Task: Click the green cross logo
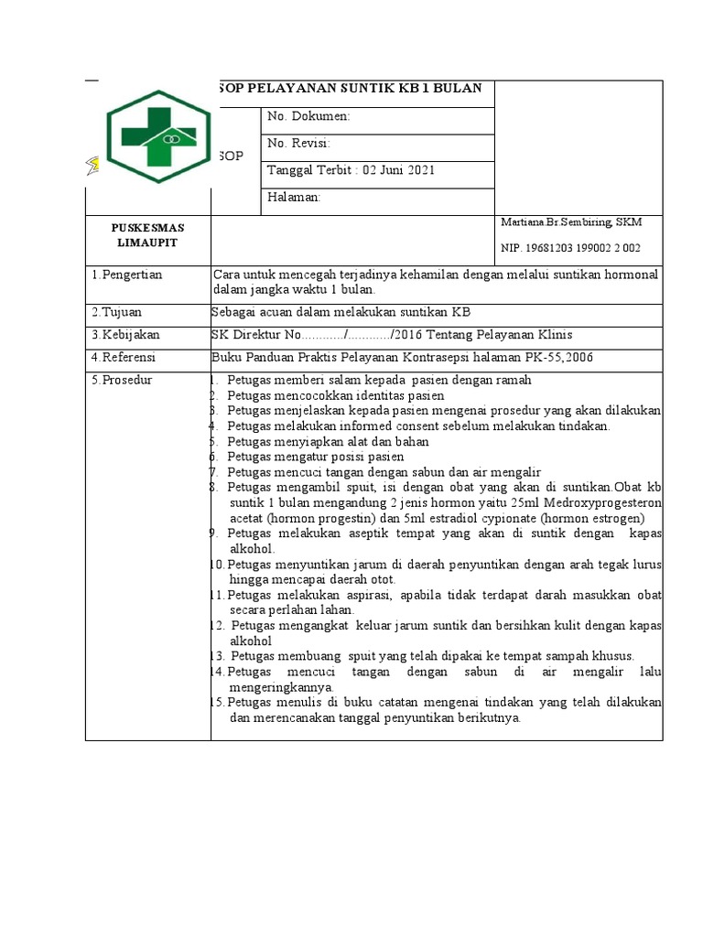[x=158, y=135]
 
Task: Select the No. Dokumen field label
[x=308, y=116]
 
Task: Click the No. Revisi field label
[x=298, y=143]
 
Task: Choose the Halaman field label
[x=293, y=197]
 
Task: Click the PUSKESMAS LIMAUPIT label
[x=147, y=233]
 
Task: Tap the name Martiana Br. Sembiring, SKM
[x=571, y=222]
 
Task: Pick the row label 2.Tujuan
[x=115, y=311]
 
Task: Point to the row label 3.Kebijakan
[x=125, y=334]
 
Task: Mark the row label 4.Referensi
[x=124, y=357]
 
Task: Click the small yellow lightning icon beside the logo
[x=93, y=165]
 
